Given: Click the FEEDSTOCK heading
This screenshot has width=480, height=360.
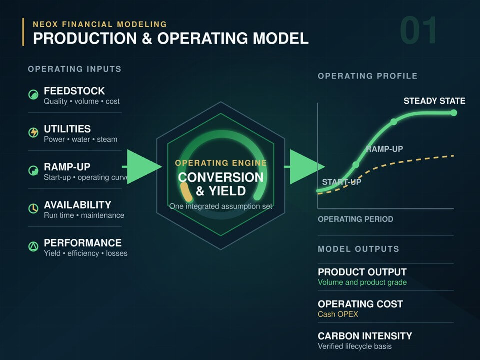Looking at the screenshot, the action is (x=74, y=91).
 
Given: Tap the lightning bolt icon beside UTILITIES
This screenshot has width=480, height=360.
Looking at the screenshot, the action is (x=33, y=133).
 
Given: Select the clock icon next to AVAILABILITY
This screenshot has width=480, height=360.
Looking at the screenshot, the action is (x=33, y=209).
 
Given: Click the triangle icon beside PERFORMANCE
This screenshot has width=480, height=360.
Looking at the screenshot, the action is (x=33, y=246).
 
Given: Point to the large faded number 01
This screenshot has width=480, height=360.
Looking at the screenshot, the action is (x=418, y=30).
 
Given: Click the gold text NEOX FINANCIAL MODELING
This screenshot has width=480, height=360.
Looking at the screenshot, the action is (x=100, y=24).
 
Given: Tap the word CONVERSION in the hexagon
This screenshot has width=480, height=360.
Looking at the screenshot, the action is (x=220, y=177).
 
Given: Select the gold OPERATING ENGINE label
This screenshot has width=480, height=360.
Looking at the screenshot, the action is (x=221, y=163).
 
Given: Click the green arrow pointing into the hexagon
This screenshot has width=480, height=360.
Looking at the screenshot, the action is (x=142, y=167).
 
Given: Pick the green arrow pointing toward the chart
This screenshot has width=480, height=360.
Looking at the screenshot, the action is (x=305, y=167).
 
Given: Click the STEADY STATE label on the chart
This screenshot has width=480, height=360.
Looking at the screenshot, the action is (x=434, y=101).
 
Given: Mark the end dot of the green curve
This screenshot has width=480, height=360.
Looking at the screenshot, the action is (x=454, y=113).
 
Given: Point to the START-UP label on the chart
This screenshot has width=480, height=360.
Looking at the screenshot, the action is (x=341, y=182).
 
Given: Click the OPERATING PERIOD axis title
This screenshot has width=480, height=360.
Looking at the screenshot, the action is (x=355, y=219).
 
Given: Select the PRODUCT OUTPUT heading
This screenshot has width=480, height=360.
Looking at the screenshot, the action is (x=362, y=272).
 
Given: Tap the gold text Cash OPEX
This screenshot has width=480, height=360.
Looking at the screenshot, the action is (x=338, y=314).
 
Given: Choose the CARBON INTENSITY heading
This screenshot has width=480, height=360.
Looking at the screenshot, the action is (x=365, y=336).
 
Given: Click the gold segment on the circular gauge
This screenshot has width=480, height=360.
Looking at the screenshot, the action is (x=186, y=192).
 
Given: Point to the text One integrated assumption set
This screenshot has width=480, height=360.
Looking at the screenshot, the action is (x=221, y=206).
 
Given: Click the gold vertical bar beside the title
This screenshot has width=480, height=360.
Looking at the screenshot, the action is (x=23, y=32).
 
